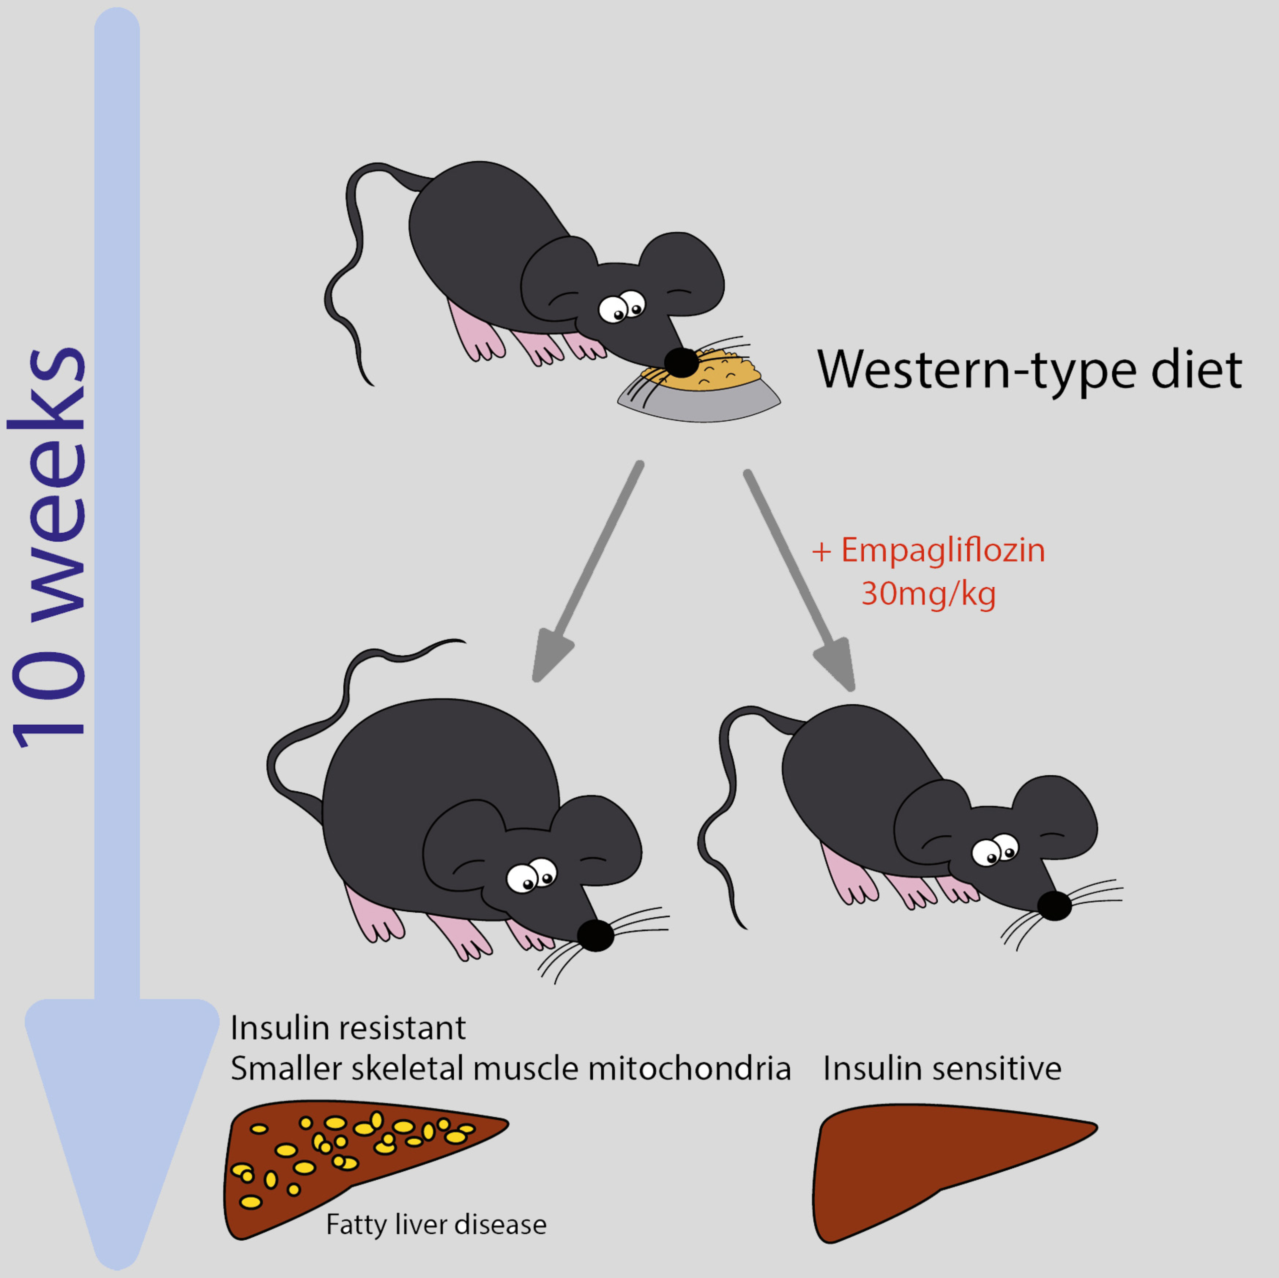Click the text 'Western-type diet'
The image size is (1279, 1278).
[1029, 371]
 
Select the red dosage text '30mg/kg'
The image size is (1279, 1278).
[928, 593]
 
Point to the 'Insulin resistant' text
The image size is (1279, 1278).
[348, 1028]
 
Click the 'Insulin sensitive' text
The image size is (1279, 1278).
[942, 1068]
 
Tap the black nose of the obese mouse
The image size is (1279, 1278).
[595, 935]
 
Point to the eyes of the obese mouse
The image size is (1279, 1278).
[532, 877]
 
